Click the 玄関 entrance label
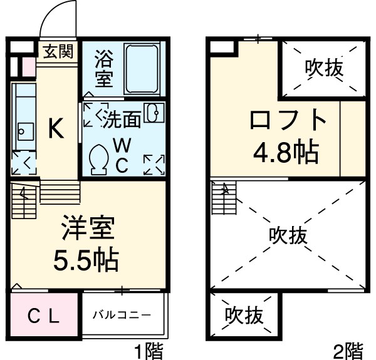[58, 51]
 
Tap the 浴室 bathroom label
[104, 69]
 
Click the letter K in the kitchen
[56, 130]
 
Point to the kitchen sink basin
[24, 130]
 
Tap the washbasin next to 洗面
[152, 113]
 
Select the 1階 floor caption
[150, 349]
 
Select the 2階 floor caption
[346, 349]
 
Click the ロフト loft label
[279, 121]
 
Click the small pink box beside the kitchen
[29, 66]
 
